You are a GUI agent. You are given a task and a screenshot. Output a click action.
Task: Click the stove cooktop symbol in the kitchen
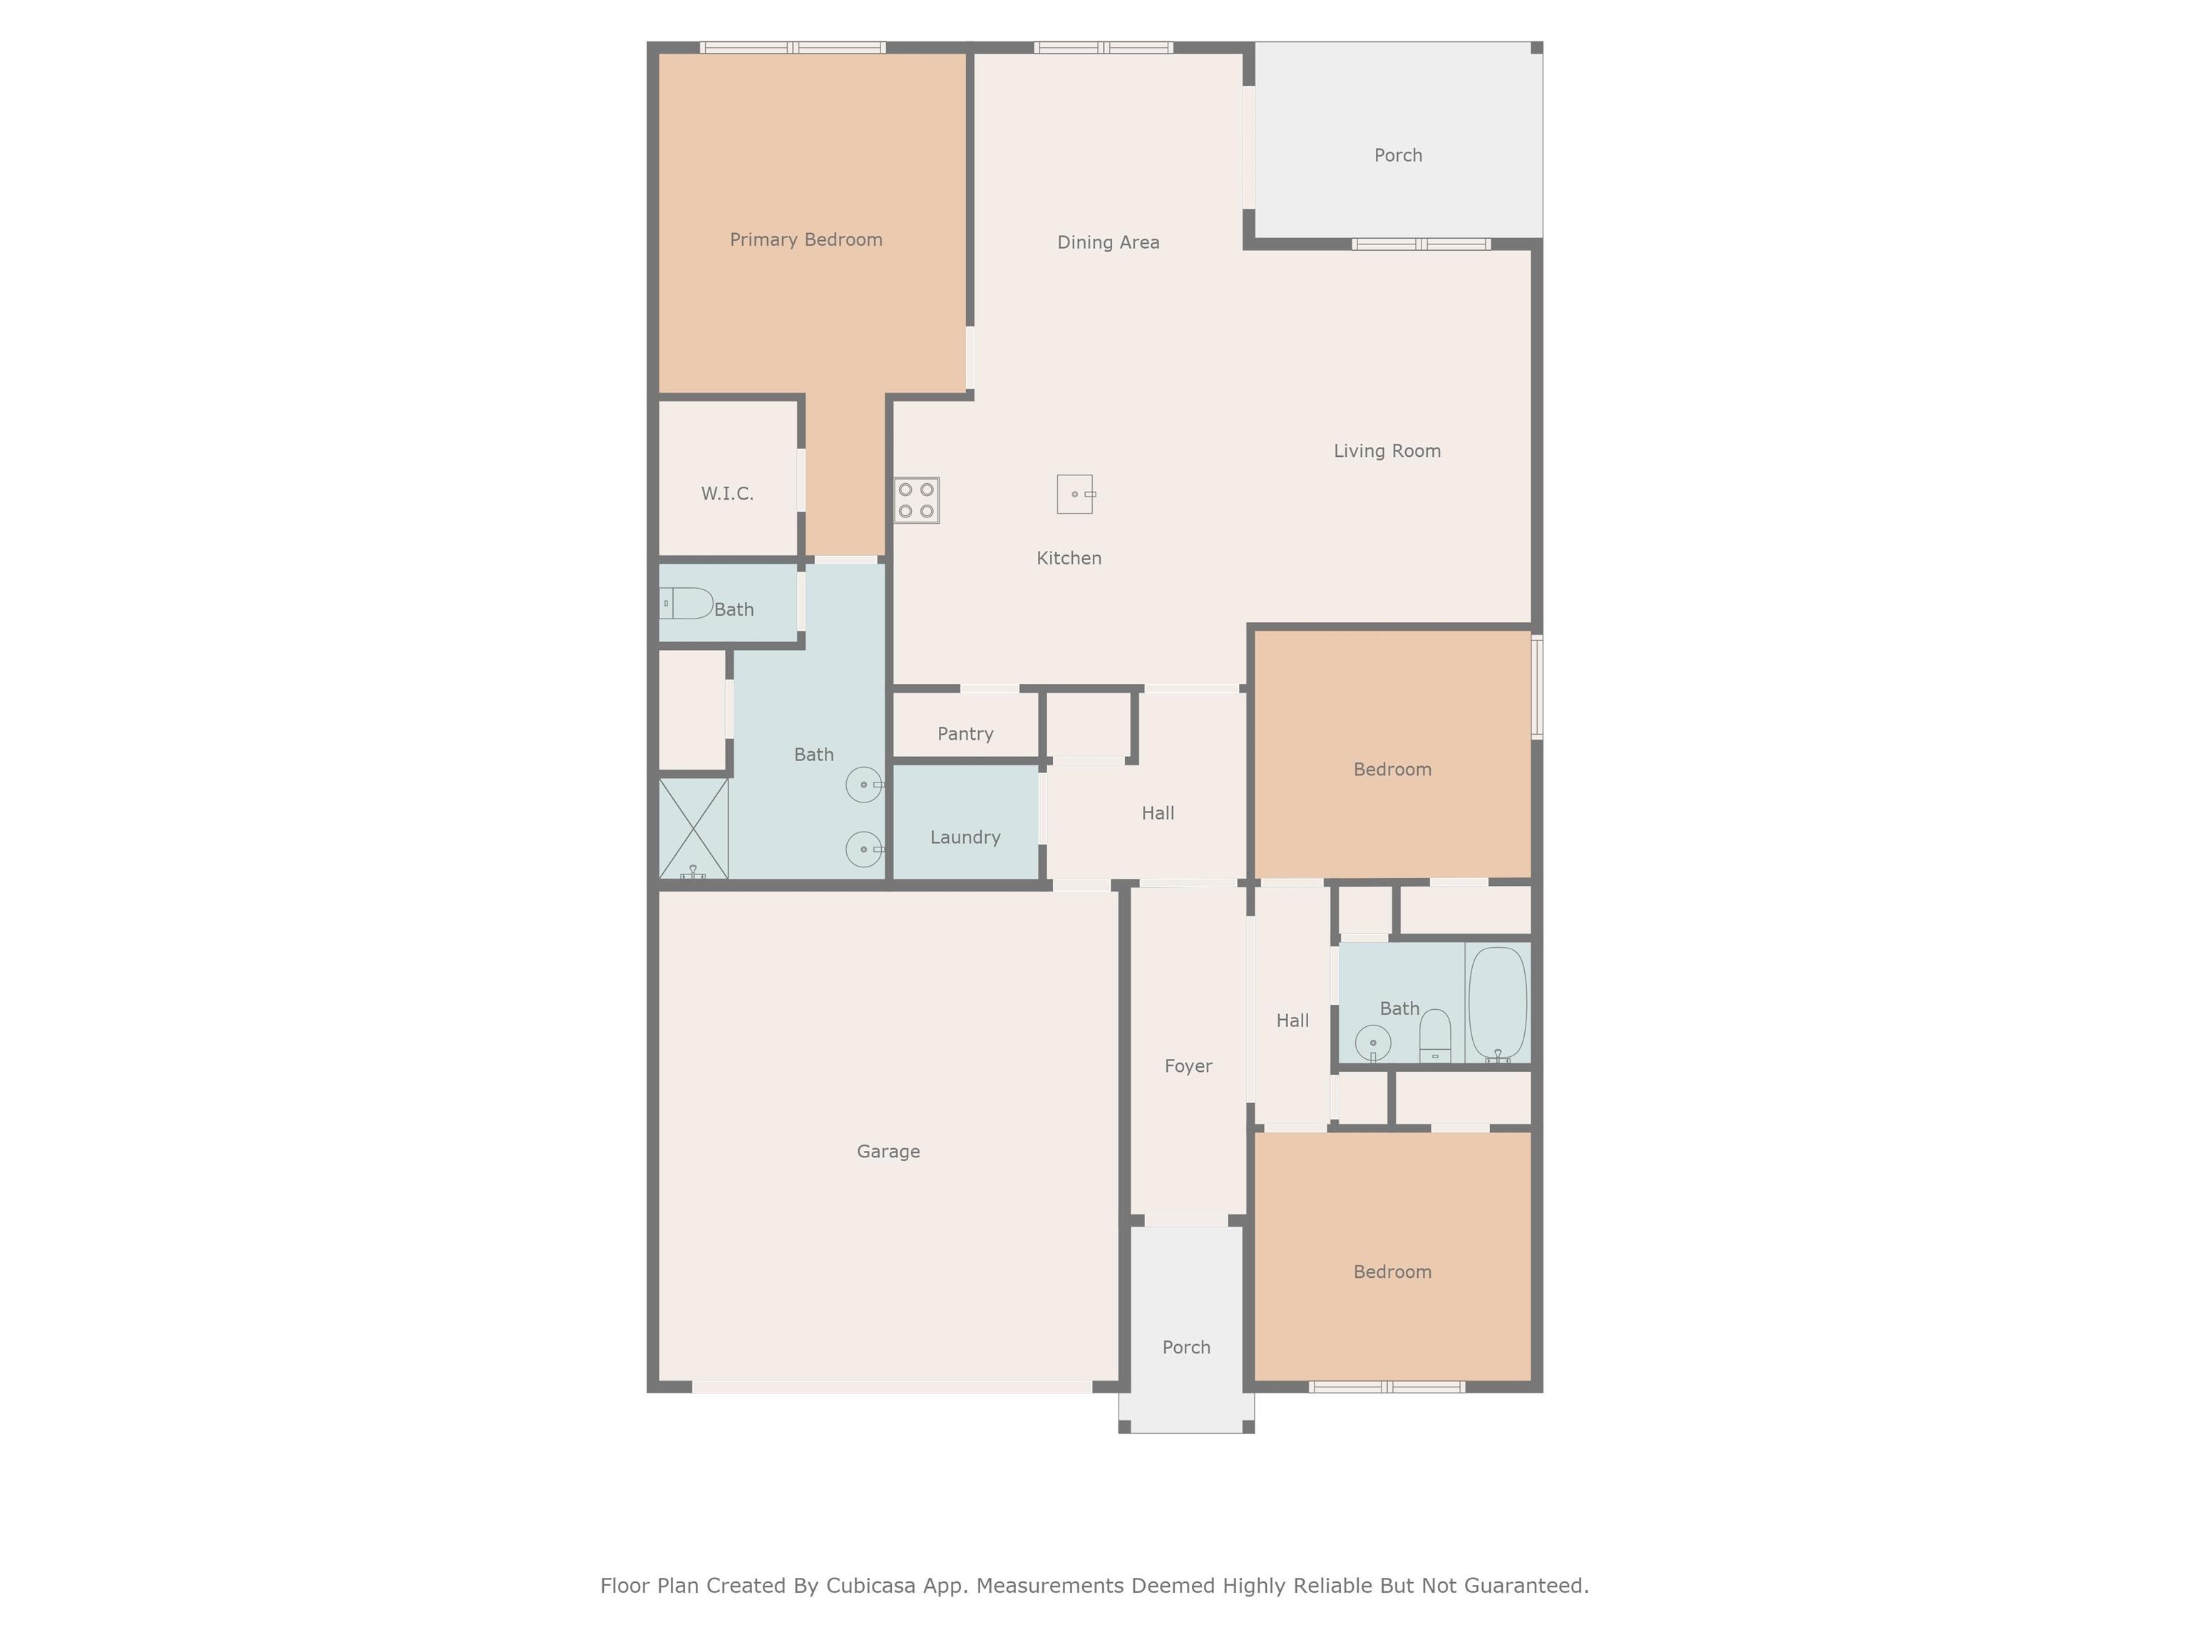click(x=917, y=500)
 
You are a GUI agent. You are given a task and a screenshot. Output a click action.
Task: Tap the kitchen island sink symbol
click(x=1075, y=494)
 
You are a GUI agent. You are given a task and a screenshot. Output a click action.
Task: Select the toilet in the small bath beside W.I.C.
click(x=687, y=603)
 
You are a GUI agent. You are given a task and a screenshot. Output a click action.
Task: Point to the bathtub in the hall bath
click(x=1497, y=1003)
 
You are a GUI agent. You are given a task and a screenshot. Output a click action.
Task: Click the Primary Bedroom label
click(x=806, y=239)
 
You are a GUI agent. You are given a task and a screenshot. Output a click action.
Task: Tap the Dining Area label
click(x=1108, y=242)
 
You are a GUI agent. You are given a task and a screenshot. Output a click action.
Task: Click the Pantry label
click(x=965, y=733)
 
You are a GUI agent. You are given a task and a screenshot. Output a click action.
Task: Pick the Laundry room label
click(x=965, y=837)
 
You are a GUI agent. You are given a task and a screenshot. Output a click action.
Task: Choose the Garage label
click(x=888, y=1151)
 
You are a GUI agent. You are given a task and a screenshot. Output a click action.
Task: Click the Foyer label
click(x=1188, y=1066)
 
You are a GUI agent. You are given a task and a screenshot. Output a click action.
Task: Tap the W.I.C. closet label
click(x=728, y=493)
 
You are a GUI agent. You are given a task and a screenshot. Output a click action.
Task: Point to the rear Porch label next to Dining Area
click(x=1398, y=155)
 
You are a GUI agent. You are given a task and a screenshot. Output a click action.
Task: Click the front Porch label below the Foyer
click(x=1186, y=1347)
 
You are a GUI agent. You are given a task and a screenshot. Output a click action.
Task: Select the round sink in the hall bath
click(x=1373, y=1042)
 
